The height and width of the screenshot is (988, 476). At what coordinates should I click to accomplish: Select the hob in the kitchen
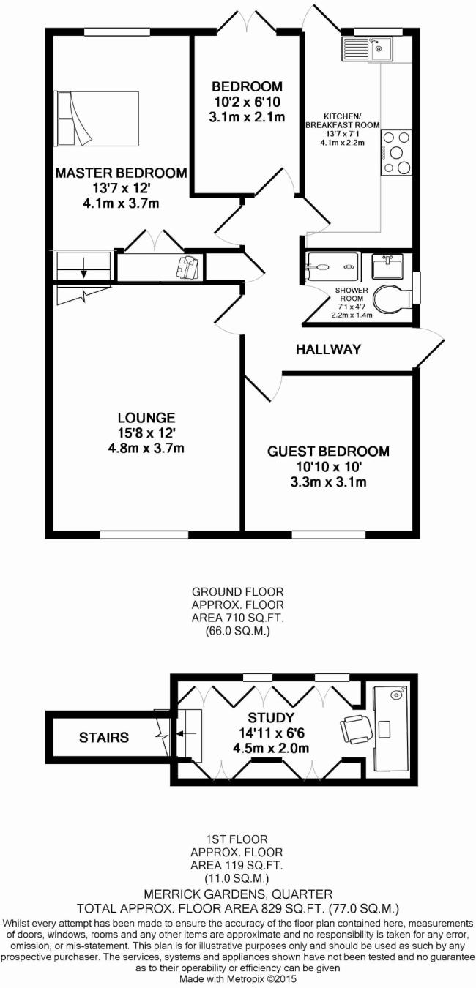point(396,153)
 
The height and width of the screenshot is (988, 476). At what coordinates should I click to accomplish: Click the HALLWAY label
point(329,350)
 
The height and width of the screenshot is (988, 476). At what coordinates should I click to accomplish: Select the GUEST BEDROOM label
point(328,452)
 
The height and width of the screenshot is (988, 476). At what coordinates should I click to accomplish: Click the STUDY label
point(271,717)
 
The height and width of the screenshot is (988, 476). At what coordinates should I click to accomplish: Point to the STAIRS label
point(104,738)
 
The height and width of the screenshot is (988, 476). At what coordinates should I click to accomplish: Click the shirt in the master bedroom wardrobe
point(188,267)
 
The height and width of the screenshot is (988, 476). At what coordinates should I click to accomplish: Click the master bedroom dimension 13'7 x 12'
point(121,188)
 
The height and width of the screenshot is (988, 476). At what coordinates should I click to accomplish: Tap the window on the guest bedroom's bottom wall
point(328,534)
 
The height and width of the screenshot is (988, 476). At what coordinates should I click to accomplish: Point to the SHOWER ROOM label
point(352,294)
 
